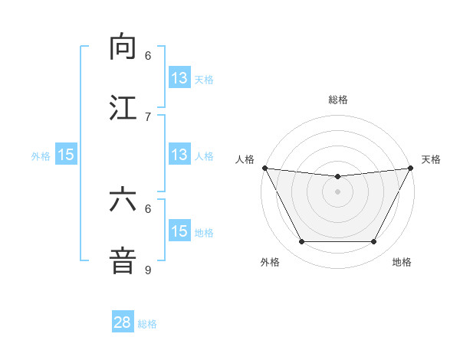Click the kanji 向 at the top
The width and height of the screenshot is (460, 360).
(x=123, y=47)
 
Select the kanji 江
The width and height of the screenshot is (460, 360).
(x=123, y=107)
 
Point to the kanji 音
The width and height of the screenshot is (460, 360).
(x=123, y=260)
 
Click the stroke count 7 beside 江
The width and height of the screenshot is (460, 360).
(x=148, y=116)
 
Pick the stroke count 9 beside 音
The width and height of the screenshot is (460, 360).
(x=148, y=270)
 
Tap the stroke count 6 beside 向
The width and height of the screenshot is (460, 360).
(x=148, y=55)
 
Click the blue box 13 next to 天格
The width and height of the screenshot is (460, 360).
(x=179, y=78)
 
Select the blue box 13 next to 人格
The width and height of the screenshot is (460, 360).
(x=179, y=155)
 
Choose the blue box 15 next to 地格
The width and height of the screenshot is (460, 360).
(x=179, y=231)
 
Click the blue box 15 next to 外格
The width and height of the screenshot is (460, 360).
(x=66, y=155)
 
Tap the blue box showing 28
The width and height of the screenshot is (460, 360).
(x=123, y=322)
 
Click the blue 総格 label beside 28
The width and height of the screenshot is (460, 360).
(x=147, y=323)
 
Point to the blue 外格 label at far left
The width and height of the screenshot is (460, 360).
(x=41, y=155)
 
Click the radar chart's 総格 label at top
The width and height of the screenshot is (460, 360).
(x=338, y=100)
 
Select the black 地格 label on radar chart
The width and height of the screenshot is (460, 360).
(x=402, y=262)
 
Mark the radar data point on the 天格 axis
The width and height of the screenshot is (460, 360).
(x=412, y=168)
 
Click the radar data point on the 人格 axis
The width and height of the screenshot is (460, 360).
(x=264, y=168)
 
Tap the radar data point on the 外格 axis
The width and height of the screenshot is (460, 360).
(x=301, y=242)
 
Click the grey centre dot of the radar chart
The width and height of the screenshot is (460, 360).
(x=338, y=191)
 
